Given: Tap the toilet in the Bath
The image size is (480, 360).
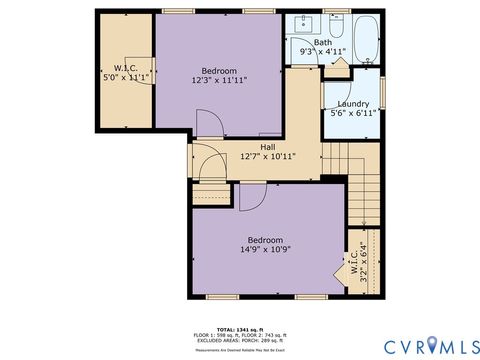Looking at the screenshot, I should (336, 26).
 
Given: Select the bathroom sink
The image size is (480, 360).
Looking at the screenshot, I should (304, 24).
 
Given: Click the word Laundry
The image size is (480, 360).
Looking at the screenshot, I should (353, 104).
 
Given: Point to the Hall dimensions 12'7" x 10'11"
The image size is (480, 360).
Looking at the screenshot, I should (268, 157).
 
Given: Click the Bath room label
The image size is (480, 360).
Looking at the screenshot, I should (323, 42).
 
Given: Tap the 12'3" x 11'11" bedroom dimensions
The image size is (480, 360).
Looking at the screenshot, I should (220, 79).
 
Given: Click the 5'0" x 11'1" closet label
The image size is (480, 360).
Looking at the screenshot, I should (126, 77).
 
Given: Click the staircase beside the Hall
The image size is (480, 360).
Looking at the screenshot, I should (361, 190).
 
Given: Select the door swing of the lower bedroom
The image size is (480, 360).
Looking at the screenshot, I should (250, 198).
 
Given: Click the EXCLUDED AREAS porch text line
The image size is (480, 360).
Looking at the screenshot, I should (239, 341).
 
